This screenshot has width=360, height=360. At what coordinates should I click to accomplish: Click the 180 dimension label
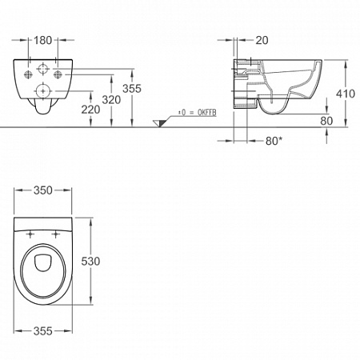(42, 40)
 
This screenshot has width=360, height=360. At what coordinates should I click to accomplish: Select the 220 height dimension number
(90, 110)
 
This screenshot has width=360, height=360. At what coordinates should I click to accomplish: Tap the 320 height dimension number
(111, 100)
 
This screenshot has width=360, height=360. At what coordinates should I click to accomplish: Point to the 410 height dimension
(346, 94)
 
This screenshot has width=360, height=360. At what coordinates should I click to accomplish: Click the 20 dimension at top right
(262, 40)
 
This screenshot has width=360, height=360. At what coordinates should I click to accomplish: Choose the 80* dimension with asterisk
(274, 141)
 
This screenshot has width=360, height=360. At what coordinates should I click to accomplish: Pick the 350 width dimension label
(42, 190)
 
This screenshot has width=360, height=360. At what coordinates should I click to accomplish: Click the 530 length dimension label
(90, 261)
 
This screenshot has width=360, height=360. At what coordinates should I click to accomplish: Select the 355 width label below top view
(42, 331)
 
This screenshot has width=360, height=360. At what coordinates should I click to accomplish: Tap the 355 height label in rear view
(132, 89)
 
